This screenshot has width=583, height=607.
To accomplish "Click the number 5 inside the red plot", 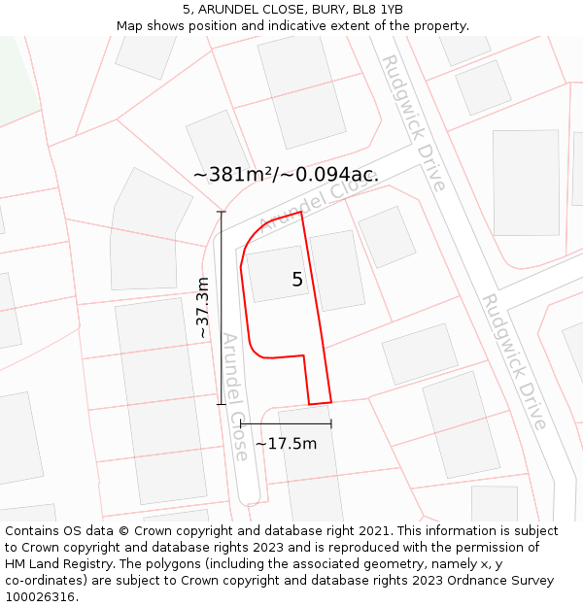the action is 297,280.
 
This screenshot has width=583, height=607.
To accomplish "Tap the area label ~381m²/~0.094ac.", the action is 286,175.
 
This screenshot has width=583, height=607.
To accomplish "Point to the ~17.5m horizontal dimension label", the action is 286,444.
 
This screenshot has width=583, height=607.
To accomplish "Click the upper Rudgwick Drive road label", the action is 413,122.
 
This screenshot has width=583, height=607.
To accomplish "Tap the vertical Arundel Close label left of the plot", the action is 236,396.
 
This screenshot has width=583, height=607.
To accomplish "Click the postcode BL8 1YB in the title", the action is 378,10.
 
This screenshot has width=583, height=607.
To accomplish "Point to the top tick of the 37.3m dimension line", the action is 222,212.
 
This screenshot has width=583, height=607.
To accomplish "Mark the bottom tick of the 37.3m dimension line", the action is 222,404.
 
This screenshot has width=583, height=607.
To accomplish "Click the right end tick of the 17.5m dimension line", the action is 331,423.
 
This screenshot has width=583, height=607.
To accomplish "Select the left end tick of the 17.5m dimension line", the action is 240,423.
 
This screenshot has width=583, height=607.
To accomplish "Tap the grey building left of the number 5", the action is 277,273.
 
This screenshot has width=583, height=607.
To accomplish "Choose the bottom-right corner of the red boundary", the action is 331,401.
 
